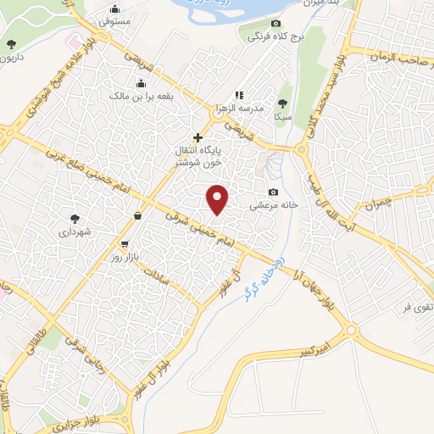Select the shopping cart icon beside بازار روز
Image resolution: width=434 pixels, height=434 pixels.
[125, 243]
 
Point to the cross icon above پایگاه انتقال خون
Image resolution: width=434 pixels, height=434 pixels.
[198, 137]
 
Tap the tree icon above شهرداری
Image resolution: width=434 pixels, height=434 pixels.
[75, 218]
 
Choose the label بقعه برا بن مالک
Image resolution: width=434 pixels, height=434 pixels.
[141, 96]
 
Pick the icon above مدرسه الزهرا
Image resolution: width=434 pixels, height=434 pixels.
[240, 95]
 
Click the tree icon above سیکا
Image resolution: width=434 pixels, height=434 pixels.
[283, 103]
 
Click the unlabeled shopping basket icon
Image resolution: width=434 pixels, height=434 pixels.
[137, 215]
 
